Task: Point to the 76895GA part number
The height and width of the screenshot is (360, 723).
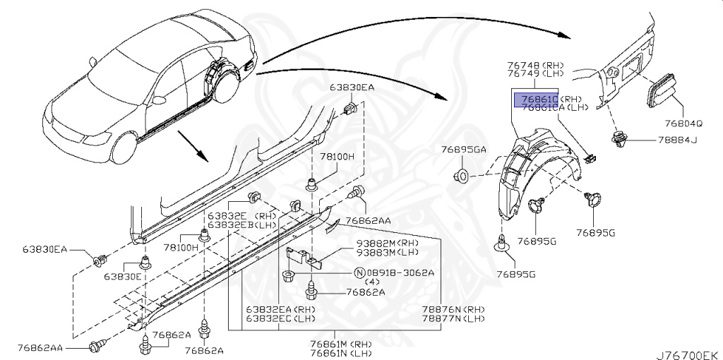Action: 464,150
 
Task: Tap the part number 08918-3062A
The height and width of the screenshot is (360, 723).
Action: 403,272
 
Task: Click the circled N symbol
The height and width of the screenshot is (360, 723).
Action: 359,272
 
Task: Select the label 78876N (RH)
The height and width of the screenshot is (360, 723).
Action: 453,310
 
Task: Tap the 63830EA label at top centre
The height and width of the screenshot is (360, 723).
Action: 352,88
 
